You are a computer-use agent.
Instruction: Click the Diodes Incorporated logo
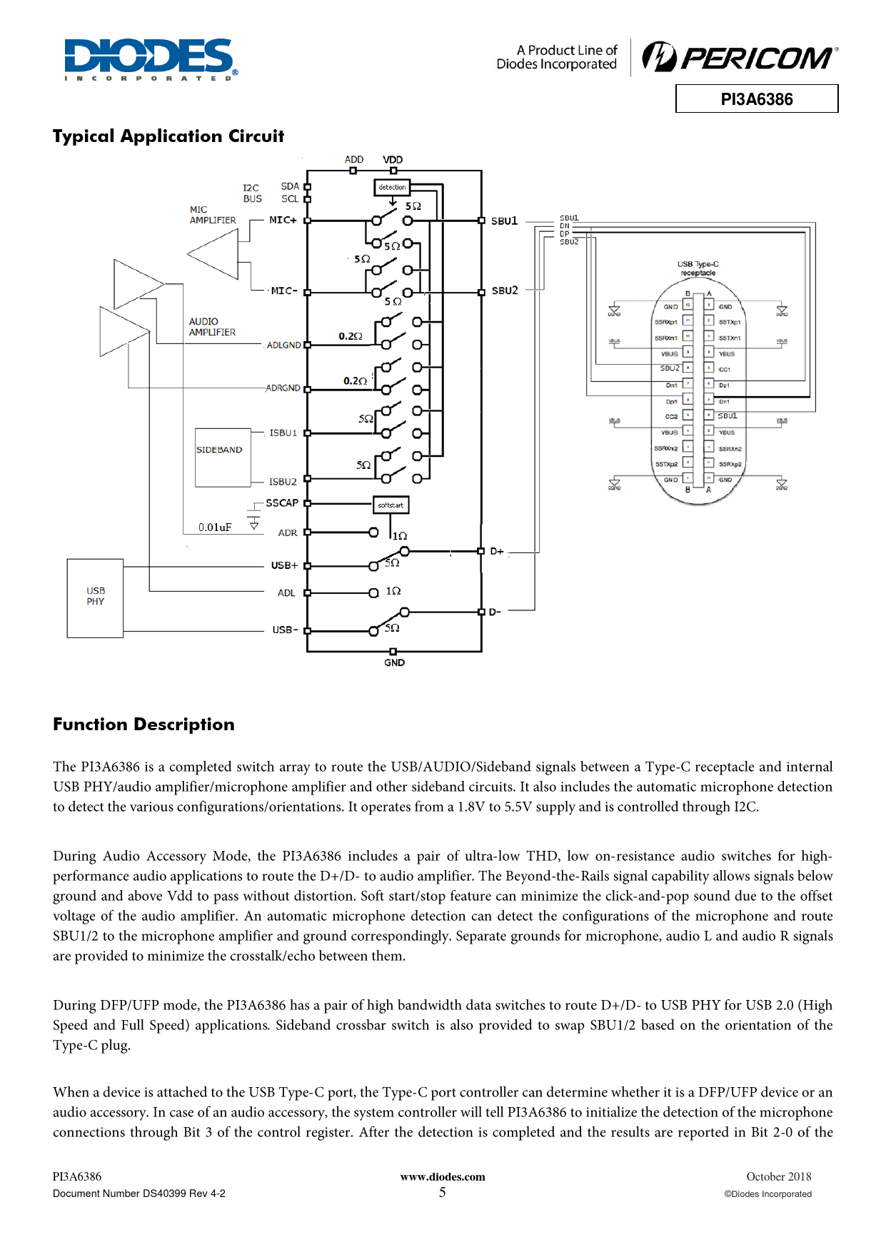pos(151,59)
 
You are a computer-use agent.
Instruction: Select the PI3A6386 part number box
pos(757,99)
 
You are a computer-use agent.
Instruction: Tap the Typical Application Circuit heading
pos(168,136)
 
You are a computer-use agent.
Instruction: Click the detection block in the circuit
pos(392,188)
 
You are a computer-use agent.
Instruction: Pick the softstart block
pos(391,505)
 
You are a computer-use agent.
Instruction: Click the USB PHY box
pos(95,597)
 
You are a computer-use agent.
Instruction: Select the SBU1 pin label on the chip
pos(505,221)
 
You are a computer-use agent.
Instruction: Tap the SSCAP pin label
pos(282,503)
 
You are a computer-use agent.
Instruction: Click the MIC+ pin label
pos(283,220)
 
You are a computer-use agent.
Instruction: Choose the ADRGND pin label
pos(283,388)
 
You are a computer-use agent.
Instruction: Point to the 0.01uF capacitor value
pos(215,527)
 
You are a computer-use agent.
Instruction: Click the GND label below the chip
pos(394,663)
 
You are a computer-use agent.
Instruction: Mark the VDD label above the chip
pos(393,160)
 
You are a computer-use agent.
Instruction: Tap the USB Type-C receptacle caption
pos(698,268)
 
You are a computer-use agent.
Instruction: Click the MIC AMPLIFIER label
pos(212,215)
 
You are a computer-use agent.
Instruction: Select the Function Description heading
pos(144,725)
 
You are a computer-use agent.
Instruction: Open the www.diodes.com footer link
pos(443,1177)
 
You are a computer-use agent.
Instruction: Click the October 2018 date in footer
pos(778,1177)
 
